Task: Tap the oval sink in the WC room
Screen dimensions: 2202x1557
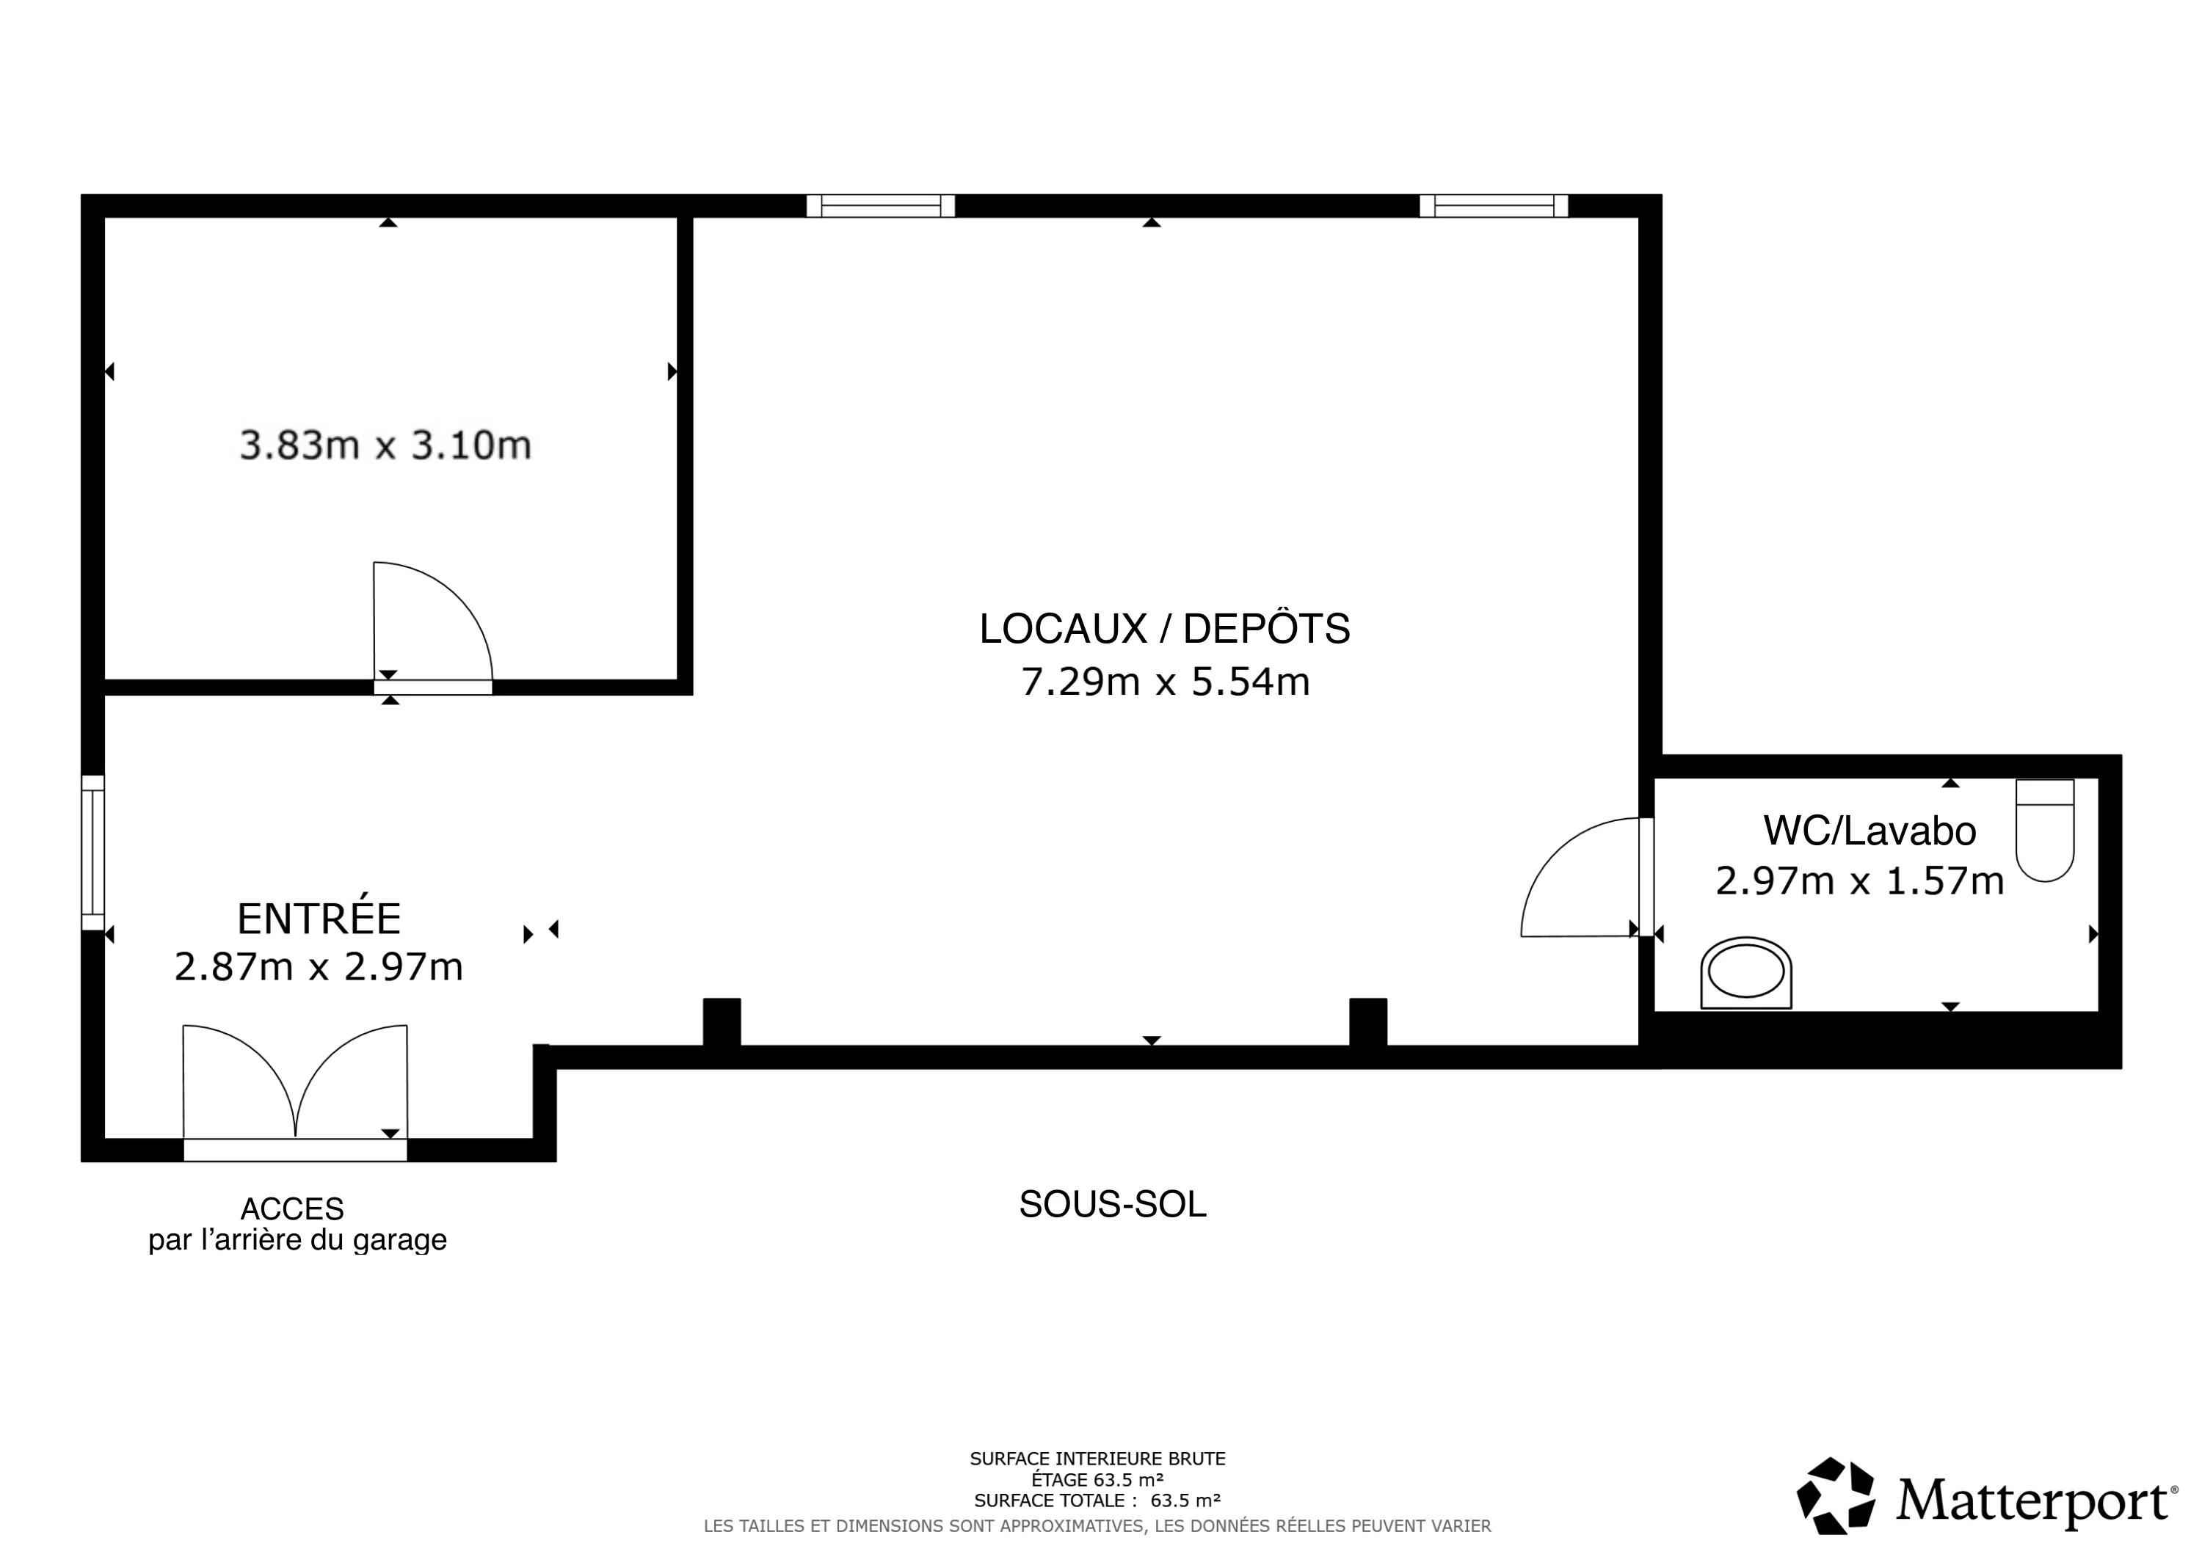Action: click(1745, 973)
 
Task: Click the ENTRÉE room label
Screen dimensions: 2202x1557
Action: click(319, 919)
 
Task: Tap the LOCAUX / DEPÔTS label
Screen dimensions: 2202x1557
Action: click(1164, 629)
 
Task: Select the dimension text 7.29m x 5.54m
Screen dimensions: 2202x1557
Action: click(1164, 682)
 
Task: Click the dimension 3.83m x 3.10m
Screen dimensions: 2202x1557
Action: click(385, 445)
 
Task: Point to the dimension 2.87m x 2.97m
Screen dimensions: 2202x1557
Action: click(319, 966)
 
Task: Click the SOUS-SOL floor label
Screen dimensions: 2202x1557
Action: click(1113, 1204)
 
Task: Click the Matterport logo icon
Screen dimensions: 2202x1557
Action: click(1836, 1495)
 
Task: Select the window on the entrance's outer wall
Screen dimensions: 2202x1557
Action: click(92, 853)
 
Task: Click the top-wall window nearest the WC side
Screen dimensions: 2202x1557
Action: click(1493, 205)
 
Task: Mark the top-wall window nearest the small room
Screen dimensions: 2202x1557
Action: click(880, 205)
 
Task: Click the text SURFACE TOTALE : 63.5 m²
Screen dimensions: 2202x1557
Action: click(1097, 1501)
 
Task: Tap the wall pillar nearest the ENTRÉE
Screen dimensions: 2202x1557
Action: click(722, 1022)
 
